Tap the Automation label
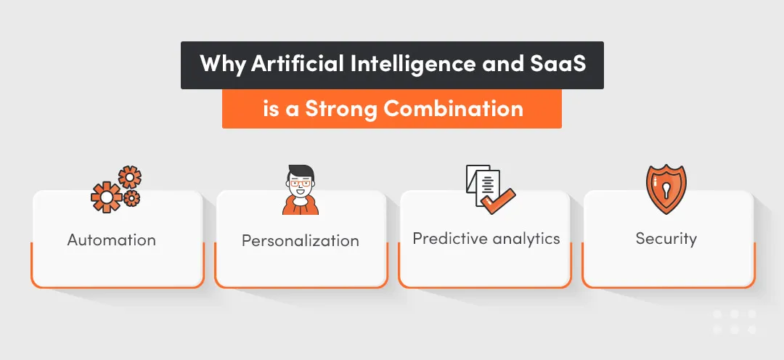[112, 240]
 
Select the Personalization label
[300, 240]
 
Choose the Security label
[666, 239]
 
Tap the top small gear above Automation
[130, 176]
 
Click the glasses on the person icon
[300, 185]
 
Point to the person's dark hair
[300, 173]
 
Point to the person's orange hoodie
[300, 206]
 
